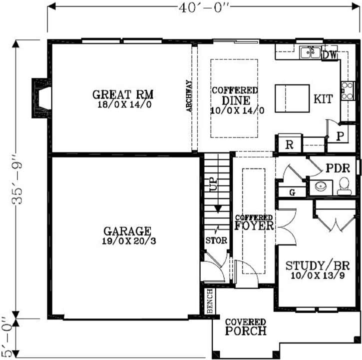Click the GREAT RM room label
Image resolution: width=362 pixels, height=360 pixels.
[123, 94]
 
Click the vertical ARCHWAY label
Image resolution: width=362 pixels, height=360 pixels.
[189, 96]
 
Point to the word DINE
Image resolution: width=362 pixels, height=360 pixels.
[235, 100]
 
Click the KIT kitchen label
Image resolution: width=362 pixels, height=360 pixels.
[323, 99]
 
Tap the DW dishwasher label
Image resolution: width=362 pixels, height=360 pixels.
[329, 54]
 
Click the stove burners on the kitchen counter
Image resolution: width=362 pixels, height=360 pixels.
[347, 91]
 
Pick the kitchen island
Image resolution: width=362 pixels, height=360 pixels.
[292, 98]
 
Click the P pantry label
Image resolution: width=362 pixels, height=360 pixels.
[340, 135]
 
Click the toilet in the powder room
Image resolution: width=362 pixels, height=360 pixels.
[344, 186]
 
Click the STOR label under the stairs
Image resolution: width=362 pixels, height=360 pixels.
[216, 240]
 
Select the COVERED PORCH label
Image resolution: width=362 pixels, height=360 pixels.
[245, 327]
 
